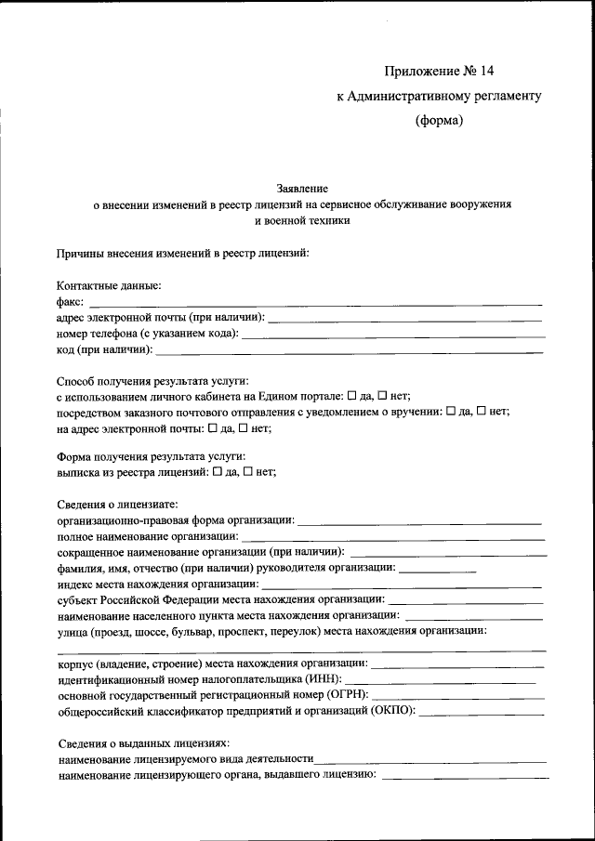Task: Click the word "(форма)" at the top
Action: tap(439, 119)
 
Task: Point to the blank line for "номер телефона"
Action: tap(391, 334)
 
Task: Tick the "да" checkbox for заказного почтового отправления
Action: tap(452, 412)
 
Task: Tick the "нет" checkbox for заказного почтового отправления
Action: tap(482, 412)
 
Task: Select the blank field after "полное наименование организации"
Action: tap(393, 537)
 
